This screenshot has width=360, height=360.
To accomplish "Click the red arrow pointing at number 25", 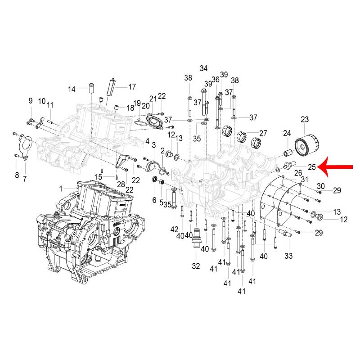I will (336, 166).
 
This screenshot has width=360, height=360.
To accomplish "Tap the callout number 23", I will (305, 119).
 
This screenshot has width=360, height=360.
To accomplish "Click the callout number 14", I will (72, 89).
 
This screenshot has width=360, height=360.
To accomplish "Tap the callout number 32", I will (196, 266).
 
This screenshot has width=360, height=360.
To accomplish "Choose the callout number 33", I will (288, 256).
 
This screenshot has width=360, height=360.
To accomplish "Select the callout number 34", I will (204, 68).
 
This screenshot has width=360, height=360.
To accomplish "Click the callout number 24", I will (287, 133).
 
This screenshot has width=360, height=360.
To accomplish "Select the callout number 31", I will (305, 180).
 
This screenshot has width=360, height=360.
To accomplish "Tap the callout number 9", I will (31, 100).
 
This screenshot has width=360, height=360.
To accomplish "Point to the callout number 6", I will (154, 200).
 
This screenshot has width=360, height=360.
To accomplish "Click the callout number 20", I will (145, 106).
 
